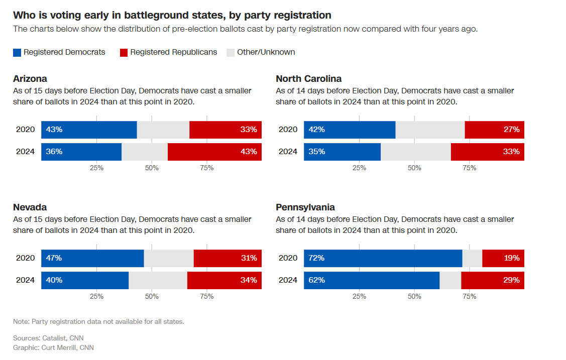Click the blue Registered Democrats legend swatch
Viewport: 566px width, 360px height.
pyautogui.click(x=17, y=52)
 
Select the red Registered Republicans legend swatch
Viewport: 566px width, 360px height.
pyautogui.click(x=124, y=52)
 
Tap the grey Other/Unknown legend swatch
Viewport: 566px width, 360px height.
pyautogui.click(x=231, y=52)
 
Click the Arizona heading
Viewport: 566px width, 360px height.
pyautogui.click(x=30, y=79)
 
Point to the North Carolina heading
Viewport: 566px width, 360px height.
pyautogui.click(x=308, y=79)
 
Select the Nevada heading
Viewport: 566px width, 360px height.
pyautogui.click(x=30, y=207)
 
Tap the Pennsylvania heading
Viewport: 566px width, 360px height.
pyautogui.click(x=305, y=207)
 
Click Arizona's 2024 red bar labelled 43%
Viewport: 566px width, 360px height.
pyautogui.click(x=214, y=152)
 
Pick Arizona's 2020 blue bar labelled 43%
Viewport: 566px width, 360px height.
pyautogui.click(x=89, y=130)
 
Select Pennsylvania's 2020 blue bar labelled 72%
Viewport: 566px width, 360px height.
pyautogui.click(x=383, y=258)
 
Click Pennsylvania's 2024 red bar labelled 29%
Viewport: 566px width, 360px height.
pyautogui.click(x=492, y=280)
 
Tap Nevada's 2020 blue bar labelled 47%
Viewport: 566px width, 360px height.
pyautogui.click(x=92, y=258)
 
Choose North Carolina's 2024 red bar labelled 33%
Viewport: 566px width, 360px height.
pyautogui.click(x=487, y=152)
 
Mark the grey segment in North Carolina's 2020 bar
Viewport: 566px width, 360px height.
pyautogui.click(x=430, y=130)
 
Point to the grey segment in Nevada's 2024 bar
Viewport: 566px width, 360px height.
pyautogui.click(x=158, y=280)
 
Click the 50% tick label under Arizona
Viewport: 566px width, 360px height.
pyautogui.click(x=152, y=168)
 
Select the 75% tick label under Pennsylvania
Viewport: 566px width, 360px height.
pyautogui.click(x=469, y=297)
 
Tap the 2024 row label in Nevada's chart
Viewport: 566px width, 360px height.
pyautogui.click(x=25, y=280)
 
